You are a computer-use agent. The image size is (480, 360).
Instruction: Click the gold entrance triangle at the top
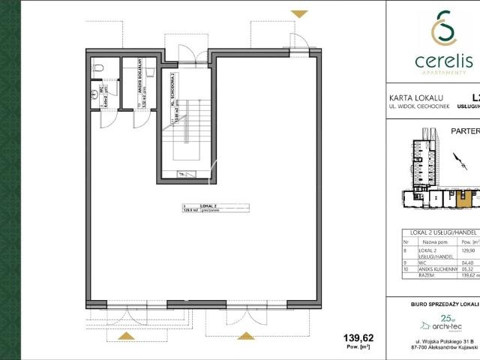coord(298,13)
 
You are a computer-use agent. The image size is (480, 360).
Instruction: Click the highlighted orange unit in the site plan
coord(466,199)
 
